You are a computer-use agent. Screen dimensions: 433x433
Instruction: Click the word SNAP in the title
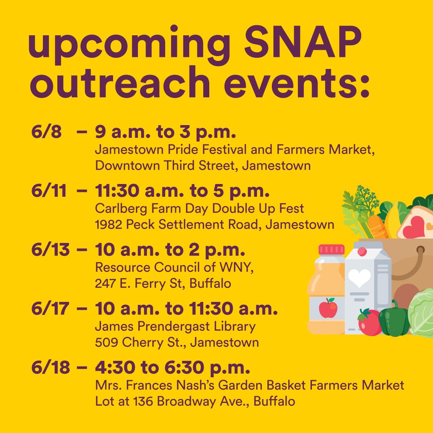pos(295,46)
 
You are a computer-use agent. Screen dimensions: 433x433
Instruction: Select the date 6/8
pos(46,132)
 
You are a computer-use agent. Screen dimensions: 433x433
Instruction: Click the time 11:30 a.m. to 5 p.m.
pos(182,191)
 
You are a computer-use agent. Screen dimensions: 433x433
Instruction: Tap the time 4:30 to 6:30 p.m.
pos(172,368)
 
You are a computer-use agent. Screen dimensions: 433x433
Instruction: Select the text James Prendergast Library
pos(175,326)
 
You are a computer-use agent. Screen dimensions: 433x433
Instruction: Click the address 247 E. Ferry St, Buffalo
pos(163,284)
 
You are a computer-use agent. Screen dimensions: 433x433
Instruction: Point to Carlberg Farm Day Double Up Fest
pos(199,208)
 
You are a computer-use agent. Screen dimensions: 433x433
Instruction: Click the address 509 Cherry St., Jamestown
pos(176,343)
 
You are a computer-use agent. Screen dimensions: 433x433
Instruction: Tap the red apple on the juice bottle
pos(328,308)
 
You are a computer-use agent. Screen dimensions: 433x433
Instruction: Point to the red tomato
pos(369,322)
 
